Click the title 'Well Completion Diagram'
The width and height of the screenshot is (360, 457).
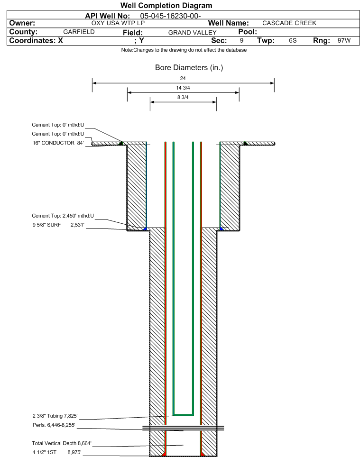pos(166,6)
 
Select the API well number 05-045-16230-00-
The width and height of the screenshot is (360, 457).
pos(170,16)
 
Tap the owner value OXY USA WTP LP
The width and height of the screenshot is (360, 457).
pos(118,23)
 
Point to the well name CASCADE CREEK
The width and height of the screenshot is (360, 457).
pos(289,23)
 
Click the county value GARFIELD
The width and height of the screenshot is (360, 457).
pos(79,32)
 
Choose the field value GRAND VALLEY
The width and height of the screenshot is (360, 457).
pos(193,32)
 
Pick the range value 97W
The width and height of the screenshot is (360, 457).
pos(344,40)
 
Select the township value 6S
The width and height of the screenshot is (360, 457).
pos(293,40)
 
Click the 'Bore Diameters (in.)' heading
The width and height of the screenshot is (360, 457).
pos(189,68)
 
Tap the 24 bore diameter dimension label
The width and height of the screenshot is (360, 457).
pos(183,78)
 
